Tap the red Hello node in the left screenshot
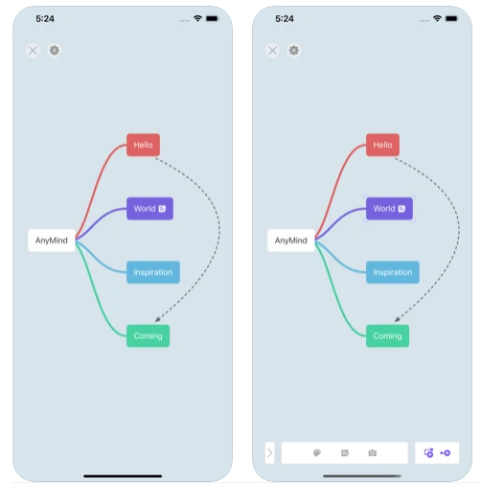click(143, 145)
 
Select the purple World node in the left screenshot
click(149, 209)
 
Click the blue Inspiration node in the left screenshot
click(153, 272)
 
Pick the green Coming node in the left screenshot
click(148, 335)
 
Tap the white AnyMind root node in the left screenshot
click(52, 241)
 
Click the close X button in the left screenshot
click(33, 51)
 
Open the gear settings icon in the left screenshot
click(55, 51)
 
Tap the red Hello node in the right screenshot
click(382, 145)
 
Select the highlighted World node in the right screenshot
click(389, 209)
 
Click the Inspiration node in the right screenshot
click(393, 272)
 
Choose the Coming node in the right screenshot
click(387, 335)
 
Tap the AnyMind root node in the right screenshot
click(291, 241)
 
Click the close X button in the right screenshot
click(272, 51)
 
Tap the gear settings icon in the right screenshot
click(294, 51)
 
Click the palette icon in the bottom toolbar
click(317, 452)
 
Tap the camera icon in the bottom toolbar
click(373, 453)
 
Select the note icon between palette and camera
click(345, 453)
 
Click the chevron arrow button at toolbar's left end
click(270, 452)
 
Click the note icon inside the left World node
click(162, 209)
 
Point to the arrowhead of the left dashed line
click(157, 319)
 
